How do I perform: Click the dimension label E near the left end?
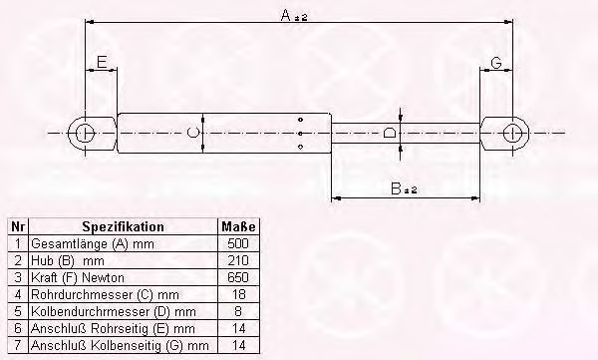pyautogui.click(x=100, y=64)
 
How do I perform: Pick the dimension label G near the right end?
pyautogui.click(x=496, y=64)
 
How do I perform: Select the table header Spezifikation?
pyautogui.click(x=123, y=227)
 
